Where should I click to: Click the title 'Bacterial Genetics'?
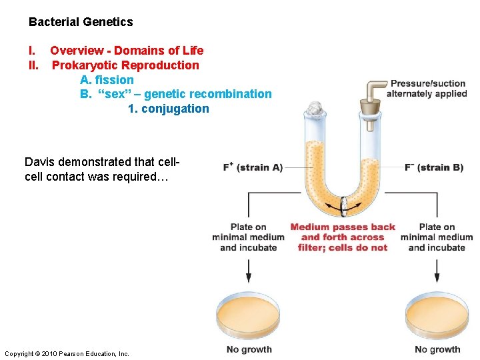[81, 22]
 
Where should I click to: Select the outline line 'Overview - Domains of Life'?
[127, 51]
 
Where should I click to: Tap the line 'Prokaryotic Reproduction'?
[125, 65]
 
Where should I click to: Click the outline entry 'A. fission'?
[107, 80]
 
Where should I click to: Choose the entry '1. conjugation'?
[168, 109]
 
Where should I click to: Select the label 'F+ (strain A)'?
[253, 167]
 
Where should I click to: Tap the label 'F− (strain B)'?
[434, 167]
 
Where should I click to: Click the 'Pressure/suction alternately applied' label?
[427, 89]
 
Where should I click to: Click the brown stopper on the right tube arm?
[370, 107]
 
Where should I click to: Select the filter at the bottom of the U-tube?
[343, 206]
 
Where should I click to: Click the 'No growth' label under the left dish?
[249, 349]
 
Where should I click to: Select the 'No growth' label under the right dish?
[437, 349]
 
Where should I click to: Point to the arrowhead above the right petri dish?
[437, 278]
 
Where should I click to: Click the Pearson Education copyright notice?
[67, 353]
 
